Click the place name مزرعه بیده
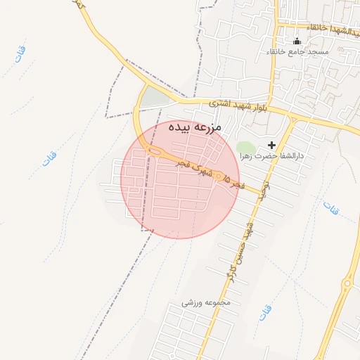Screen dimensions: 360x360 195,128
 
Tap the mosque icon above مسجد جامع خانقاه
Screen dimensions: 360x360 297,41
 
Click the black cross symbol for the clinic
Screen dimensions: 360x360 272,145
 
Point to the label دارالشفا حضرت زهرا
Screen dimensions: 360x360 271,156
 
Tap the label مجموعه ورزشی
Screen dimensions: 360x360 207,303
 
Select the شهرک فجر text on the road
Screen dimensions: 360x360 195,168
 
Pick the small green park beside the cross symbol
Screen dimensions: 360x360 246,147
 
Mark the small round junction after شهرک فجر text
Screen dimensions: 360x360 219,176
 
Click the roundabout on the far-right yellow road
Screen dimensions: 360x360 348,284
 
